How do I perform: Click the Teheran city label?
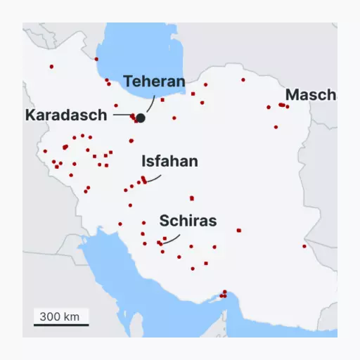coord(154,81)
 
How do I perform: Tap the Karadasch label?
coord(66,115)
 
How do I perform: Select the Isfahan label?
coord(169,161)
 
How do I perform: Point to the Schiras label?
coord(188,221)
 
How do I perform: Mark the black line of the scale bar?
coord(61,325)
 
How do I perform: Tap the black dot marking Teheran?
coord(141,117)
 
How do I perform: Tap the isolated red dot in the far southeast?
coord(304,246)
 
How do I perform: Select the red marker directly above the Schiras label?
coord(191,198)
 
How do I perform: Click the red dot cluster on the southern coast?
coord(224,295)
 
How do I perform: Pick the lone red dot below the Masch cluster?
coord(276,127)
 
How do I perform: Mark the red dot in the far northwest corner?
coord(51,67)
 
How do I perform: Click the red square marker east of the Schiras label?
coord(239,230)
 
